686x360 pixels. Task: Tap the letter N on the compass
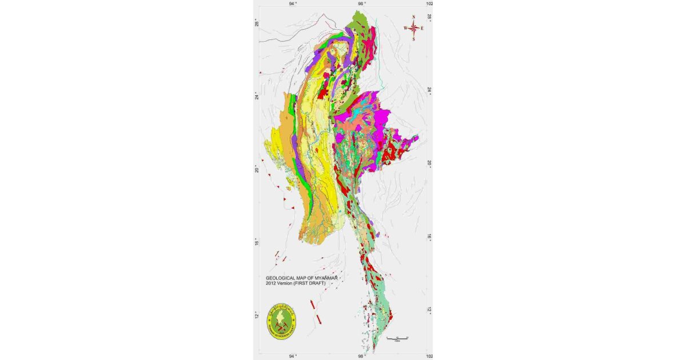coord(413,17)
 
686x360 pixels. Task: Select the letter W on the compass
coord(405,28)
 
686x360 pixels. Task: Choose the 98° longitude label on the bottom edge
coord(361,356)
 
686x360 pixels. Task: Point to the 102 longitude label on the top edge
coord(429,3)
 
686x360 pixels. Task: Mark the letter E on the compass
coord(422,28)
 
